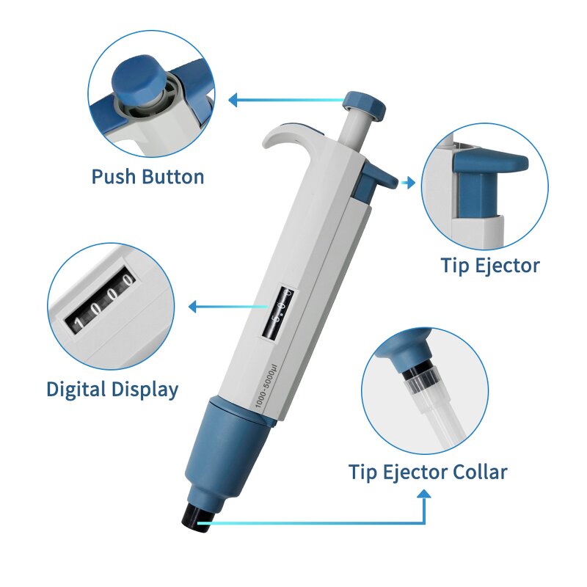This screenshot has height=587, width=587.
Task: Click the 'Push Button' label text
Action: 147,177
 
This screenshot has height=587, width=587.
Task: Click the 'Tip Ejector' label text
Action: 489,265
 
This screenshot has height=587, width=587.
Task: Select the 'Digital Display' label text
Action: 112,389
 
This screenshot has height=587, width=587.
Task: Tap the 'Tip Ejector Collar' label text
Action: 427,471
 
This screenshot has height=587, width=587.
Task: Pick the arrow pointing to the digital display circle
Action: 194,306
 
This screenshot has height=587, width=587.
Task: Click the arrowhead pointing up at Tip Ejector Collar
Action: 424,495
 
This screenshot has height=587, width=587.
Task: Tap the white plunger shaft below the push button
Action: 357,131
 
